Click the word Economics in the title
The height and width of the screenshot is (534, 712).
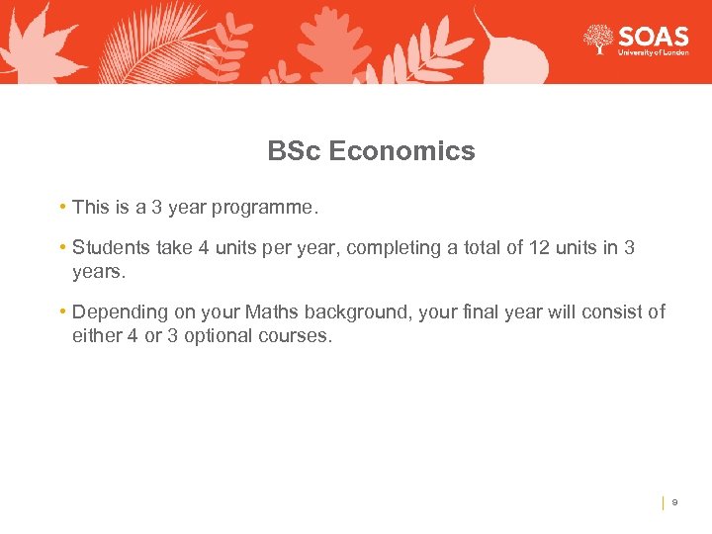tap(401, 151)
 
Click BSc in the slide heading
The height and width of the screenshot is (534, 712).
tap(294, 151)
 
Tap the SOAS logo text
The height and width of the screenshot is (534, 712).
tap(653, 37)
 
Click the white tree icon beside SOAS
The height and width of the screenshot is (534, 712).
tap(597, 40)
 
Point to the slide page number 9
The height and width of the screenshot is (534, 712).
tap(674, 502)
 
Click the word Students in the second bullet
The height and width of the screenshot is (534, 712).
tap(109, 248)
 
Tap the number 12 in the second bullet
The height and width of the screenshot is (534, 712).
tap(540, 248)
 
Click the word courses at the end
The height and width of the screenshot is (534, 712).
tap(296, 336)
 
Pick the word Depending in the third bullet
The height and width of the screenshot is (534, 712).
tap(121, 312)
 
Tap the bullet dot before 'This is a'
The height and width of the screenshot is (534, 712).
tap(62, 207)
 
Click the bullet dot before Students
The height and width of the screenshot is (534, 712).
tap(62, 247)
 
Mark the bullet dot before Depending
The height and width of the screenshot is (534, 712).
tap(62, 311)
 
